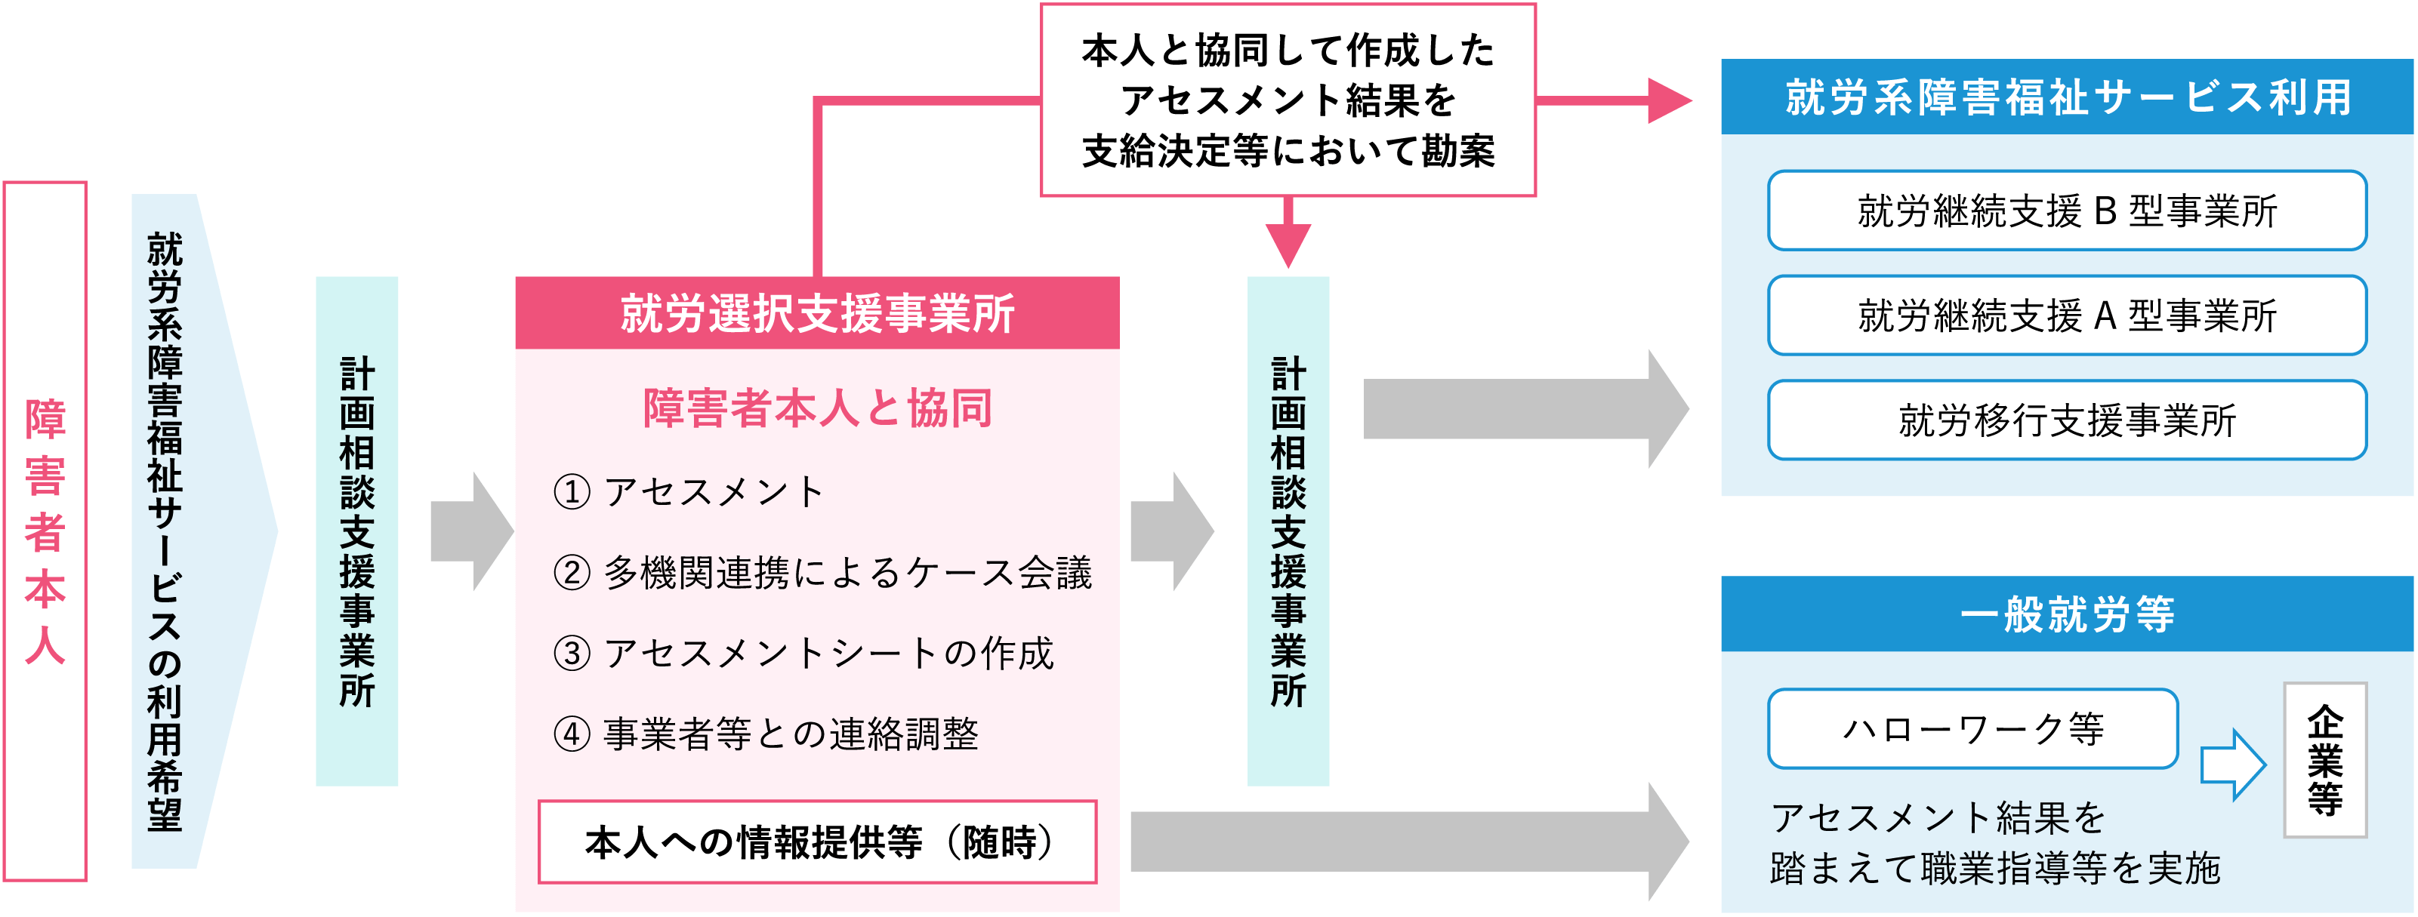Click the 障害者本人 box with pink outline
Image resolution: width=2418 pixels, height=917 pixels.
45,531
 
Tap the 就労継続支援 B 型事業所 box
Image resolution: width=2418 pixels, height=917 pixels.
2066,211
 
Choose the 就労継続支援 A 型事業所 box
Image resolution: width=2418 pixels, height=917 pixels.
2066,316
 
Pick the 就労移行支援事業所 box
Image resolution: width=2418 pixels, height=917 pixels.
2066,420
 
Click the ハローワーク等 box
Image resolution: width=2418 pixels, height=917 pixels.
1972,729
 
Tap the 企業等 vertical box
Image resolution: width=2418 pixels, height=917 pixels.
2324,760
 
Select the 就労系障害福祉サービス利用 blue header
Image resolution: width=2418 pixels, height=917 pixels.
2066,97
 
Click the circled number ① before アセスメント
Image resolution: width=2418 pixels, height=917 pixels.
572,492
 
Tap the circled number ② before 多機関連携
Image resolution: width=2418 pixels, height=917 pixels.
572,573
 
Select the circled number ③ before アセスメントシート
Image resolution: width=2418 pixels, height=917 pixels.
572,654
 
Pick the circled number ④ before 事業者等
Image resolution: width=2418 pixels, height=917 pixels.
572,734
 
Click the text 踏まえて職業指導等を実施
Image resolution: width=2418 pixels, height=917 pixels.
1994,868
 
